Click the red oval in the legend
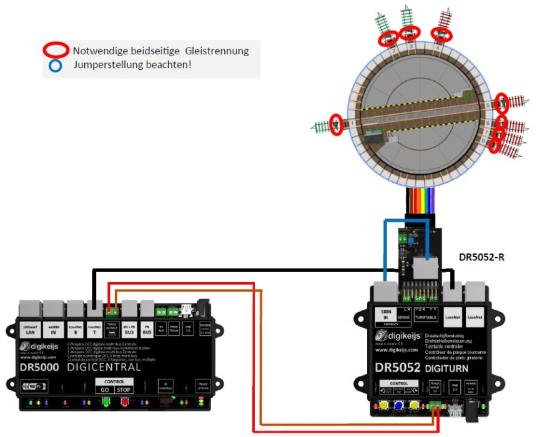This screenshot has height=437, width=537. tap(56, 51)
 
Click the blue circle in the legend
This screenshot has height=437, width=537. tap(56, 64)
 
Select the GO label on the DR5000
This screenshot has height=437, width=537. tap(104, 390)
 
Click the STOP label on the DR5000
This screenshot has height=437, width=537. tap(124, 390)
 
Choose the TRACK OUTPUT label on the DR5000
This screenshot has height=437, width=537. tap(113, 328)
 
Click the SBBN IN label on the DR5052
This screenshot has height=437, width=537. tap(385, 314)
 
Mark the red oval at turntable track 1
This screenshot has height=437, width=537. tap(337, 124)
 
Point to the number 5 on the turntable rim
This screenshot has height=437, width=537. tap(487, 106)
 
